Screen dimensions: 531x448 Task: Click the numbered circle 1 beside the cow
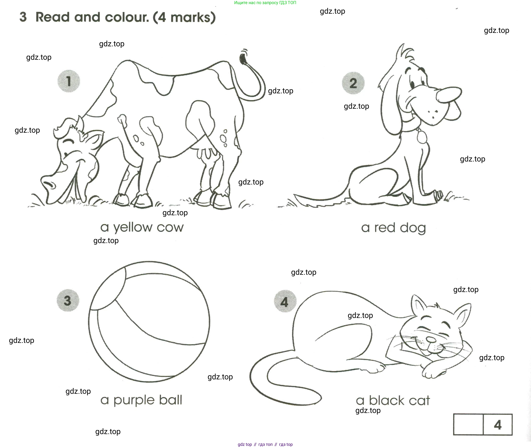(69, 81)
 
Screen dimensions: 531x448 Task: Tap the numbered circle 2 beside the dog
(353, 83)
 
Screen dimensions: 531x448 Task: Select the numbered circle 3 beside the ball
(68, 300)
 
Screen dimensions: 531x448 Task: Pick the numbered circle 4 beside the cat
(285, 301)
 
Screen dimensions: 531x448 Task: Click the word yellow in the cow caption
(132, 228)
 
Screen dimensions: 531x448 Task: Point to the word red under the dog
(385, 228)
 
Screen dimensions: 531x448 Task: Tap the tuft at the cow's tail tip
(243, 56)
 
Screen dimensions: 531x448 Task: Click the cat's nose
(431, 339)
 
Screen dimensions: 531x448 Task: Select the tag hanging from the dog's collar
(422, 137)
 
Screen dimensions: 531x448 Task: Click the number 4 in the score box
(498, 425)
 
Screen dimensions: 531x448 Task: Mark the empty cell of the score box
(468, 425)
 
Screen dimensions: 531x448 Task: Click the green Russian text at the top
(265, 3)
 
